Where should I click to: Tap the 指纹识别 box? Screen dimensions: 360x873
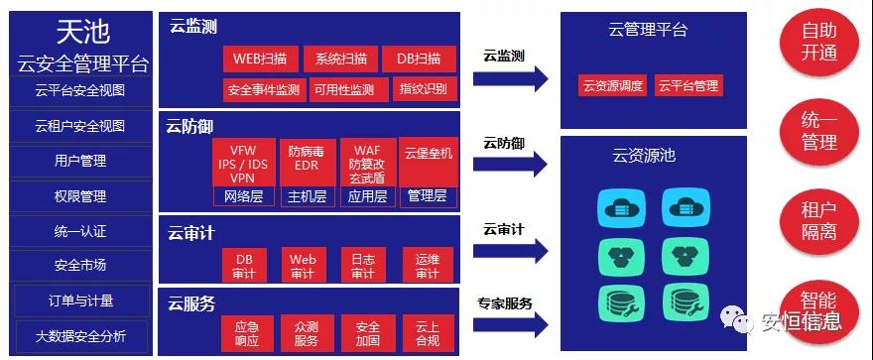coord(424,89)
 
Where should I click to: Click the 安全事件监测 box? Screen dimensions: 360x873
coord(263,89)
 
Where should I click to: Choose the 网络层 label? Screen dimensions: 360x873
coord(244,196)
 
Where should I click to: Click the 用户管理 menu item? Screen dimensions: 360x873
coord(80,161)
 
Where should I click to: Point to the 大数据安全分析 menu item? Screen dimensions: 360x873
coord(80,336)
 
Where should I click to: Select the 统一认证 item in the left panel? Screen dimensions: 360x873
coord(80,231)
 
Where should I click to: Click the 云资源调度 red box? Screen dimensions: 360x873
coord(612,85)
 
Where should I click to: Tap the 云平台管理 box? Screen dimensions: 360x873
coord(687,85)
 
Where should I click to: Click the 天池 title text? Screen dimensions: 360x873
coord(81,33)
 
